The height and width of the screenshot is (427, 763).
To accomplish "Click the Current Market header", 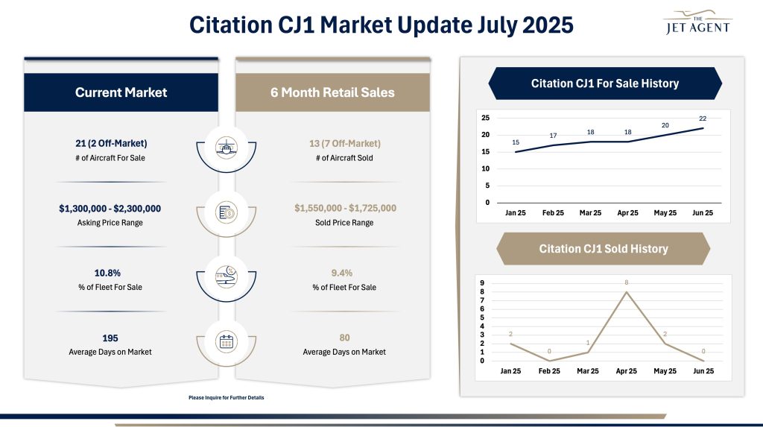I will tap(121, 92).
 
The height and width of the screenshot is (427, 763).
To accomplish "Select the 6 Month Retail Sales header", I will tap(332, 92).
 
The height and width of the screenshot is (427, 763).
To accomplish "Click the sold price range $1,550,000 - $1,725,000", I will tap(332, 209).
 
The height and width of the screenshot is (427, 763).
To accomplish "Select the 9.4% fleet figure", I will tap(332, 273).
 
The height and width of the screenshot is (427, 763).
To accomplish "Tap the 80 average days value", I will tap(332, 338).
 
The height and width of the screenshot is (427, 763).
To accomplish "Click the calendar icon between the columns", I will tap(226, 342).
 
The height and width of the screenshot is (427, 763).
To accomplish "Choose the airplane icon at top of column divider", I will tap(226, 147).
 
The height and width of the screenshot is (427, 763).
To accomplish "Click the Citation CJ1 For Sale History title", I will tap(604, 83).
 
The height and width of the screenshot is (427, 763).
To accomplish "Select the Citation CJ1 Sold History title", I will tap(603, 249).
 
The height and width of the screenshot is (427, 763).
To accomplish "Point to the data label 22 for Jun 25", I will tap(703, 118).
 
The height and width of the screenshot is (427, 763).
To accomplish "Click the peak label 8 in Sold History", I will tap(627, 282).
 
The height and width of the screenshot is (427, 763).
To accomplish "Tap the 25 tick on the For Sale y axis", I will tap(485, 118).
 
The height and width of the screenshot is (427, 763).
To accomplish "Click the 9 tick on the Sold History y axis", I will tap(482, 283).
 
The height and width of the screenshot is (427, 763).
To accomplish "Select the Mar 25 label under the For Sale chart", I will tap(590, 212).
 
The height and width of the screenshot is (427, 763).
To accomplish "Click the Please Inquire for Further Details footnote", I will tap(227, 397).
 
